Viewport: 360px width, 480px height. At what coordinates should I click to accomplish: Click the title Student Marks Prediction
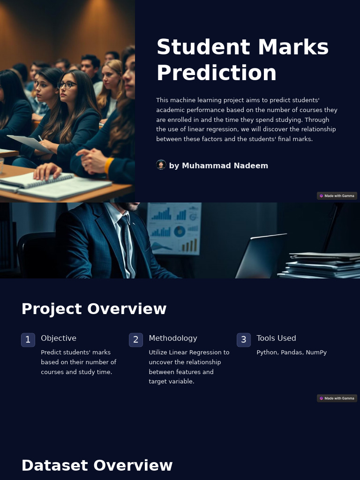242,60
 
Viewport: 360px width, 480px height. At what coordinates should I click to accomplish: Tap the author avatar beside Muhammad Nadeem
161,165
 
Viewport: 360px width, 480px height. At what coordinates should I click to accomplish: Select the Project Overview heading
94,309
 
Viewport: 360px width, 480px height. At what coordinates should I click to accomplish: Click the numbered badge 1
28,340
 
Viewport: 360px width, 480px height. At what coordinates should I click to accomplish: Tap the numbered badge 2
136,340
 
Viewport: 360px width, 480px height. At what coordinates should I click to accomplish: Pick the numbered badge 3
244,340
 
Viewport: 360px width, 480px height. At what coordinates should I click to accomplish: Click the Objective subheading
59,338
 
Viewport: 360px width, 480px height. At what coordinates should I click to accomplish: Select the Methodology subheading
173,338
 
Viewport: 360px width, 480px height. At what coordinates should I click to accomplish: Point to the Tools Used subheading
276,338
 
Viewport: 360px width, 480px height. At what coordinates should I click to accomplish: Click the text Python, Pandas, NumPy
292,352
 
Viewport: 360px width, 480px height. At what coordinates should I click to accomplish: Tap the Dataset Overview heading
97,465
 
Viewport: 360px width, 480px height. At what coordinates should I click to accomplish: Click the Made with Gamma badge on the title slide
337,196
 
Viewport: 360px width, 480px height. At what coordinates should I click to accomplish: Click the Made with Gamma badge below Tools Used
337,398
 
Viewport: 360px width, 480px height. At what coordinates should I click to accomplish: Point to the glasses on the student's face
67,85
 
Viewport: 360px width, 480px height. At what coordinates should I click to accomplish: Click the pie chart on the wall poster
180,232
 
